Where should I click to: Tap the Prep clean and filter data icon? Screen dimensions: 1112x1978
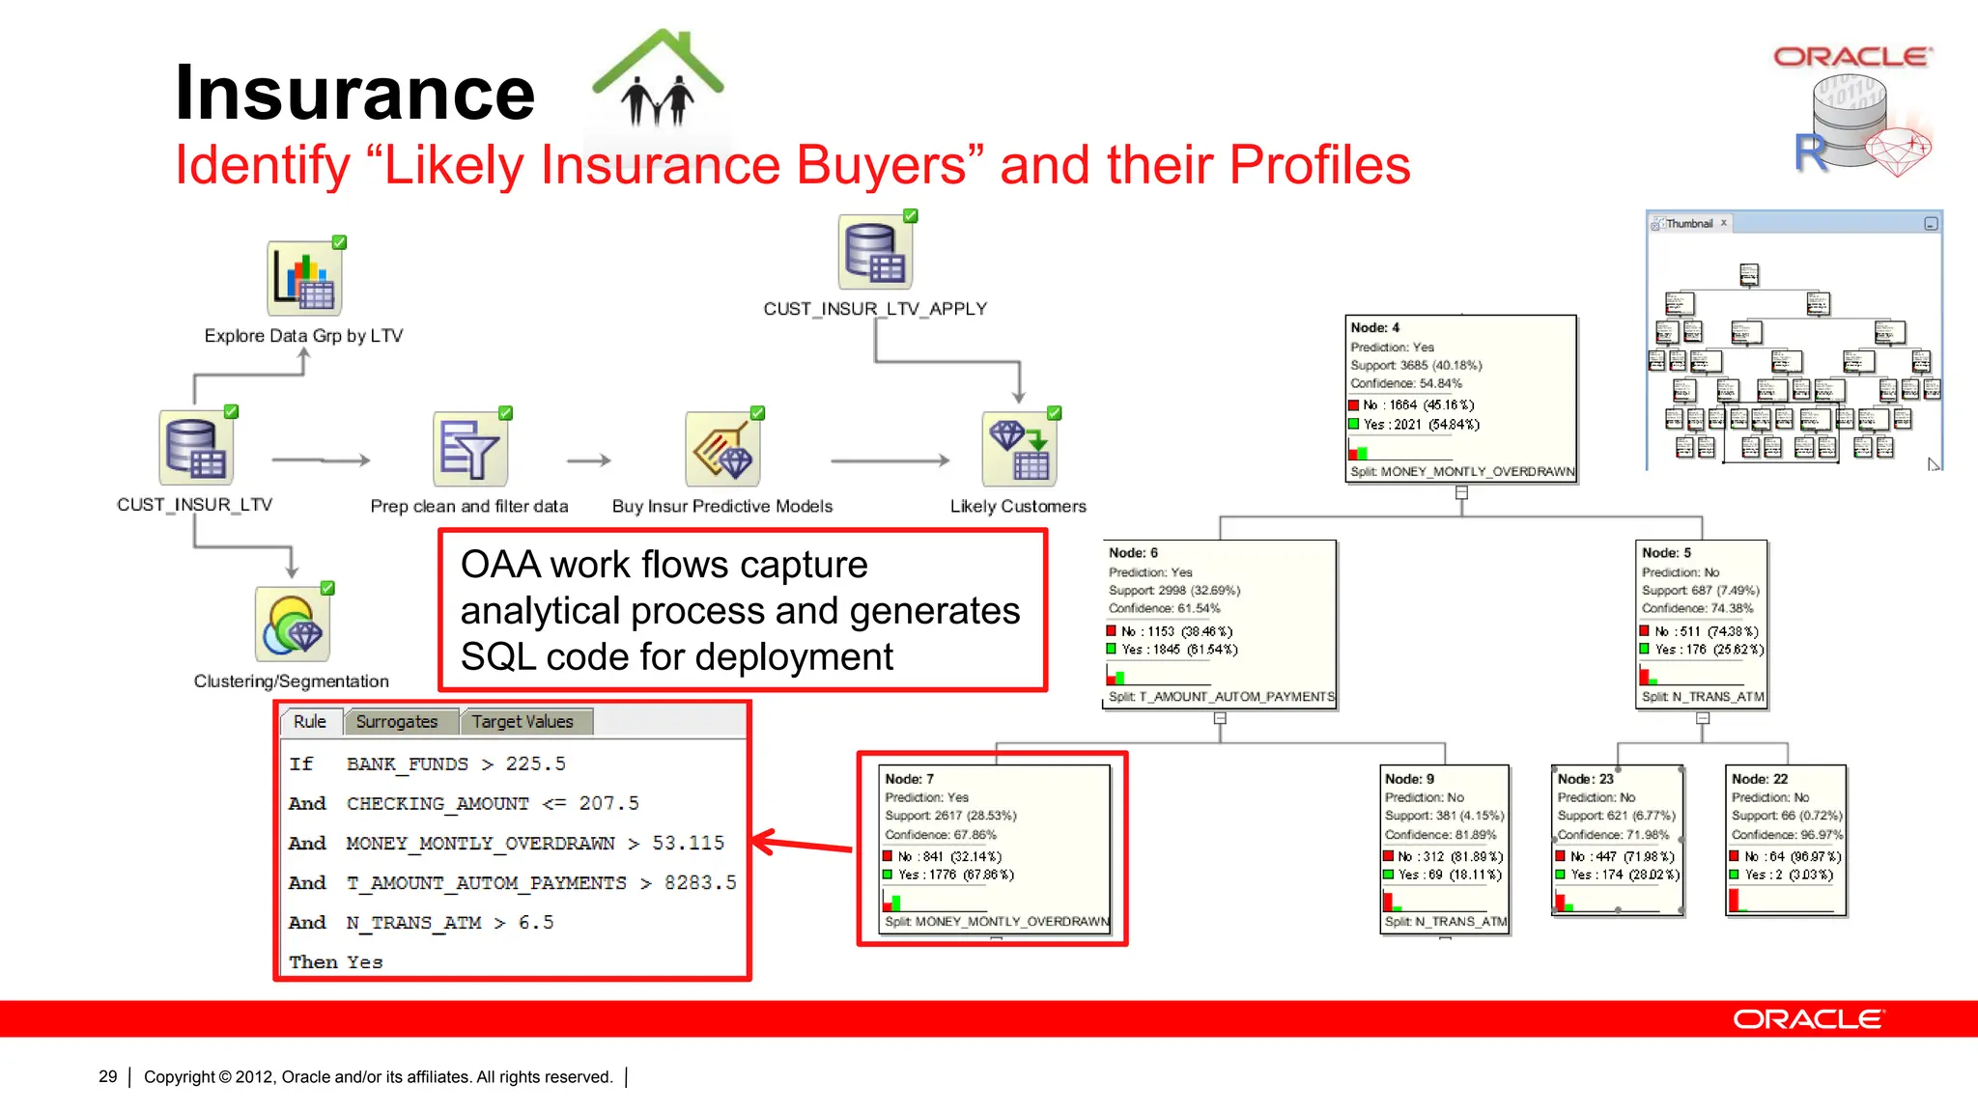tap(470, 450)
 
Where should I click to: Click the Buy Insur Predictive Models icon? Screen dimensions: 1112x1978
tap(722, 450)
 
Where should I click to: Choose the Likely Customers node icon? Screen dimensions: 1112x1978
tap(1019, 450)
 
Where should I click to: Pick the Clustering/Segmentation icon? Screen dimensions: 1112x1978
tap(293, 625)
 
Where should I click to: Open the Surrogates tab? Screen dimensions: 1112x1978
tap(396, 722)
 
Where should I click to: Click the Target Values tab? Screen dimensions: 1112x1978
tap(523, 722)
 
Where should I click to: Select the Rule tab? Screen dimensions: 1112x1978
tap(310, 722)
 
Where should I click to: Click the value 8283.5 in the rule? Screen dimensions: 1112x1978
tap(700, 882)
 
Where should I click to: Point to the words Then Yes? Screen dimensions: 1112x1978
tap(336, 961)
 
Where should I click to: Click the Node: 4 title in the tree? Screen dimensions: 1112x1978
tap(1374, 328)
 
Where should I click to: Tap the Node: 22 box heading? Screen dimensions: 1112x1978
tap(1759, 779)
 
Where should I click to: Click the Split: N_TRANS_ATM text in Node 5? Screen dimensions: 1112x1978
tap(1702, 697)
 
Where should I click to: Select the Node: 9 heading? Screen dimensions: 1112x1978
tap(1409, 779)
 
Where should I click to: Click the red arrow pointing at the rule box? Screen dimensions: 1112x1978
tap(802, 844)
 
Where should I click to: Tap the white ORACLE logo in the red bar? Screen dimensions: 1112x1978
tap(1807, 1019)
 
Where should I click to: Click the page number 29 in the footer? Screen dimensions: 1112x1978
tap(108, 1076)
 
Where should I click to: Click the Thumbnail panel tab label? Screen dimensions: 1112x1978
tap(1688, 224)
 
